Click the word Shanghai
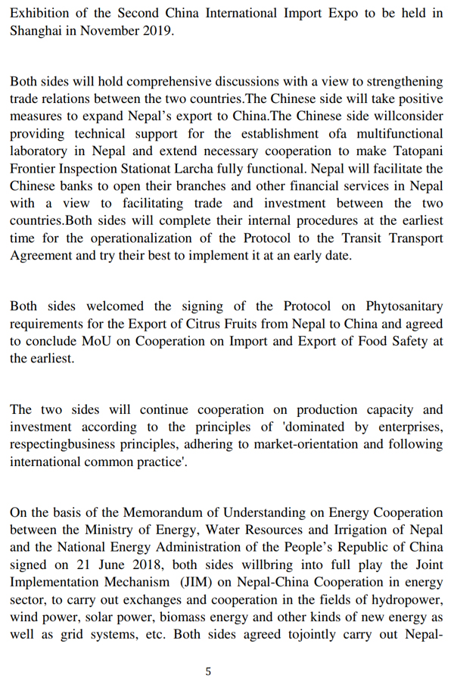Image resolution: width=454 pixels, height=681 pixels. coord(36,31)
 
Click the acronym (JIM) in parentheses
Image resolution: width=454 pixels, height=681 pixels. coord(194,582)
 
